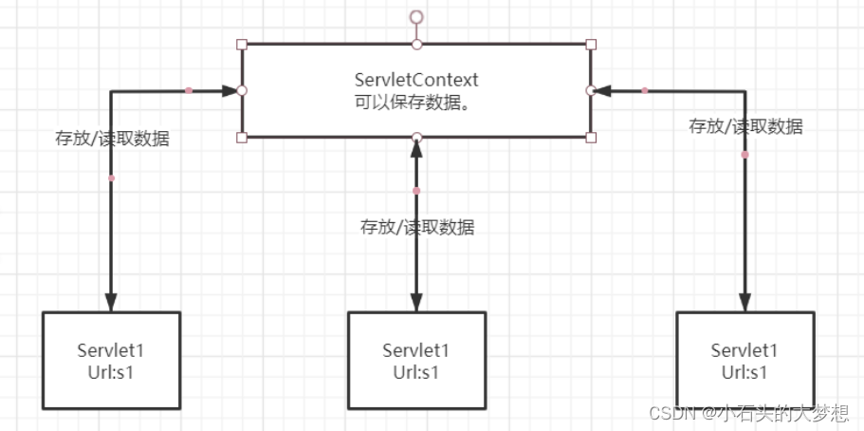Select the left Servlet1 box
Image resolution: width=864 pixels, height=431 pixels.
coord(111,360)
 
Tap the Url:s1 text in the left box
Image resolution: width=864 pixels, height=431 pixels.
coord(111,371)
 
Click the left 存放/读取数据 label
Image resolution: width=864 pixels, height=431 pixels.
coord(112,139)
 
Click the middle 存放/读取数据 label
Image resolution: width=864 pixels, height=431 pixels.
coord(417,227)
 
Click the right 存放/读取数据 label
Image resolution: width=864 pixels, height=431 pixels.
coord(745,126)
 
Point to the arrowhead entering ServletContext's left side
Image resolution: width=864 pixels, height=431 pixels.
coord(230,91)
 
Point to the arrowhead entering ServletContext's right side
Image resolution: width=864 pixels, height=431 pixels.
coord(602,91)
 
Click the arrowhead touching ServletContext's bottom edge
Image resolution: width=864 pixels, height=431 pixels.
coord(416,148)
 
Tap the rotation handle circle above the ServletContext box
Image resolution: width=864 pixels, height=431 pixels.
coord(415,16)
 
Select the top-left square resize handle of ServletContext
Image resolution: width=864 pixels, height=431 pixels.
coord(242,45)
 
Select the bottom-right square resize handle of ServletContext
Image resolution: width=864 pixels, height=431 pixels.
coord(591,138)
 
